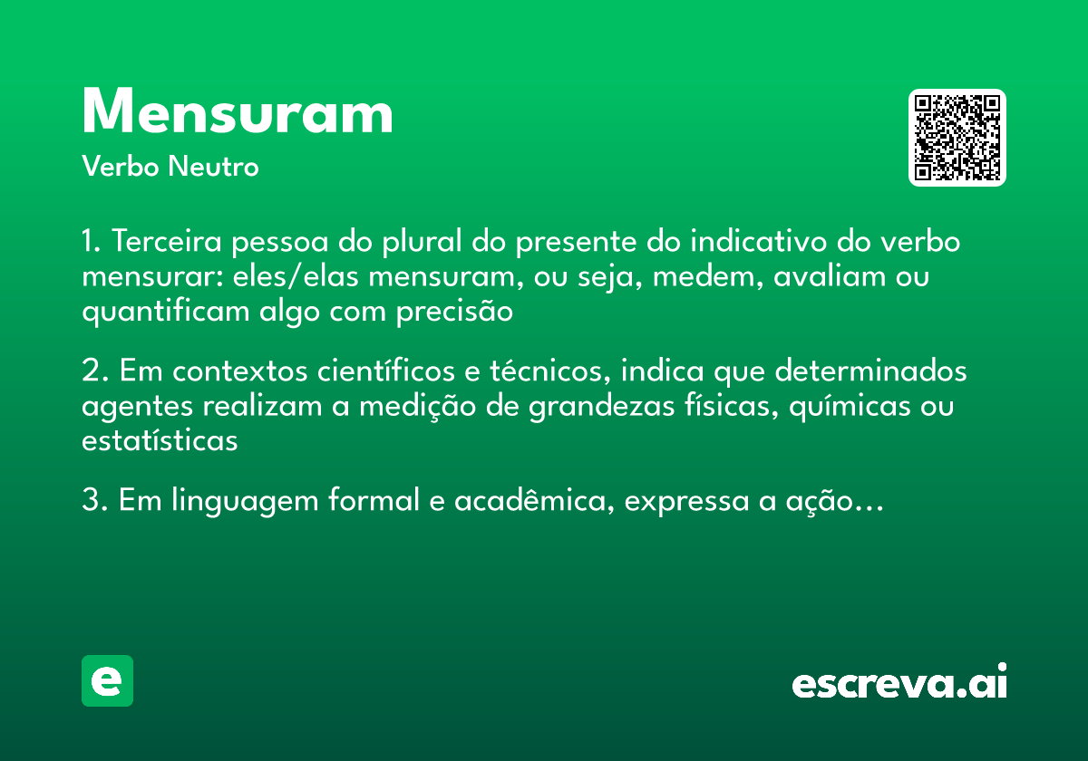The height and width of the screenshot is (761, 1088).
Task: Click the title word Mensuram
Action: point(238,113)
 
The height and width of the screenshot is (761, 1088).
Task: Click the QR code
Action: point(957,138)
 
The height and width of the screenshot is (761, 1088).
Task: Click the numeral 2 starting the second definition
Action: point(90,371)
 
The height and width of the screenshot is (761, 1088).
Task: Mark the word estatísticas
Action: point(160,441)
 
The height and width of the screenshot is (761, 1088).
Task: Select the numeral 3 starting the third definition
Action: point(90,501)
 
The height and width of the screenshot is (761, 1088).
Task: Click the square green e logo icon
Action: point(107,680)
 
